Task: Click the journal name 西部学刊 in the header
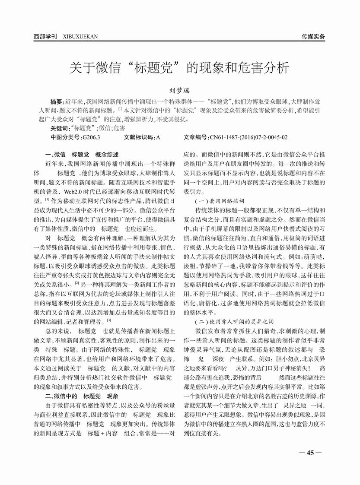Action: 45,37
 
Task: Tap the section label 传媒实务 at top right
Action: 313,37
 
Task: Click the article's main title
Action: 179,68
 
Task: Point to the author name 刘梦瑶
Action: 179,91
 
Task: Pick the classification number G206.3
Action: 91,137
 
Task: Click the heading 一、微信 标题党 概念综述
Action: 84,155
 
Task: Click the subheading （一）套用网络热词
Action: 220,201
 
